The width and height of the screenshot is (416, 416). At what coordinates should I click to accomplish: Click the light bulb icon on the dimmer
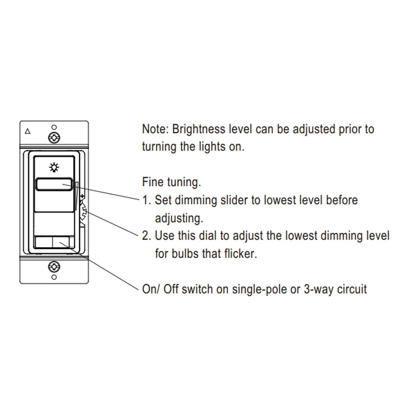coord(54,167)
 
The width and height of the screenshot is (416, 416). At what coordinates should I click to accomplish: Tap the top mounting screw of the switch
coord(54,138)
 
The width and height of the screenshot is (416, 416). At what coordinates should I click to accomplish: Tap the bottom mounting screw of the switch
coord(54,267)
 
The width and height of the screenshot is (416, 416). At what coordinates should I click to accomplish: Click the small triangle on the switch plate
coord(27,131)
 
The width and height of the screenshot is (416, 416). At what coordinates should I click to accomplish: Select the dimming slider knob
coord(54,184)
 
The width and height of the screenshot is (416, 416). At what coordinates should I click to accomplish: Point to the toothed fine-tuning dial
coord(83,212)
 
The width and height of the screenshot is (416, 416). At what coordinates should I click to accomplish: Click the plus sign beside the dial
coord(82,196)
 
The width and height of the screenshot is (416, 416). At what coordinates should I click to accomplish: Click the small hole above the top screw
coord(54,127)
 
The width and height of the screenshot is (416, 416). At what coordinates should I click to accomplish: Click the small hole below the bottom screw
coord(54,277)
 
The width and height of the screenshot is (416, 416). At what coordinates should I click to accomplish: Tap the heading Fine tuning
coord(171,182)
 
